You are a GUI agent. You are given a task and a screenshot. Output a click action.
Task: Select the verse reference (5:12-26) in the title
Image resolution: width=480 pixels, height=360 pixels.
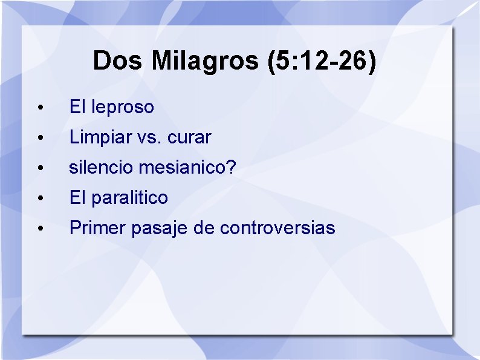pos(321,61)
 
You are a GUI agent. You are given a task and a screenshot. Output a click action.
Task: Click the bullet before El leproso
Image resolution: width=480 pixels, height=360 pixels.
pos(39,108)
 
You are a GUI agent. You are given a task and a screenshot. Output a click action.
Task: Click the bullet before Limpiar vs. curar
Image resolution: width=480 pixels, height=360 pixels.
pos(39,139)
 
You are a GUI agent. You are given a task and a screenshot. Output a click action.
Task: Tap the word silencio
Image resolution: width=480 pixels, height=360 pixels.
pos(101,168)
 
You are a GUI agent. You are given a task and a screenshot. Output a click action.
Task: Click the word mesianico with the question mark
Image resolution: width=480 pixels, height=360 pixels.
pos(187,168)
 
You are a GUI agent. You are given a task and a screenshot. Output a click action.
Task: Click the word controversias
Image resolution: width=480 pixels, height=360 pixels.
pos(277,228)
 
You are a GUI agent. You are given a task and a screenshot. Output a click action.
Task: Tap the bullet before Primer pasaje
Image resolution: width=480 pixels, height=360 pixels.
pos(39,229)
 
